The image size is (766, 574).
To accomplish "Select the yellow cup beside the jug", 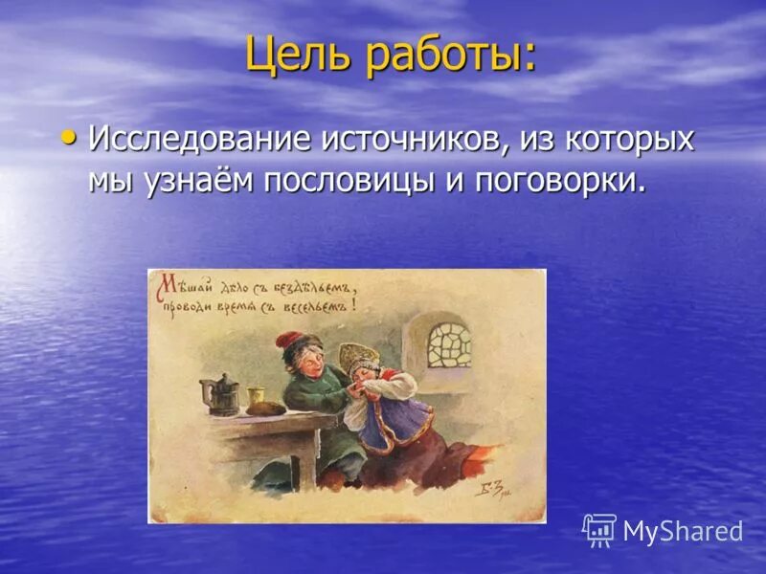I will [x=256, y=398].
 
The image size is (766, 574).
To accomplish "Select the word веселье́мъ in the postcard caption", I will [x=320, y=306].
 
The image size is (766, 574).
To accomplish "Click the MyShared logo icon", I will [x=599, y=530].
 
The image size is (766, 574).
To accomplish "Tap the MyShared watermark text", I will [x=683, y=532].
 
